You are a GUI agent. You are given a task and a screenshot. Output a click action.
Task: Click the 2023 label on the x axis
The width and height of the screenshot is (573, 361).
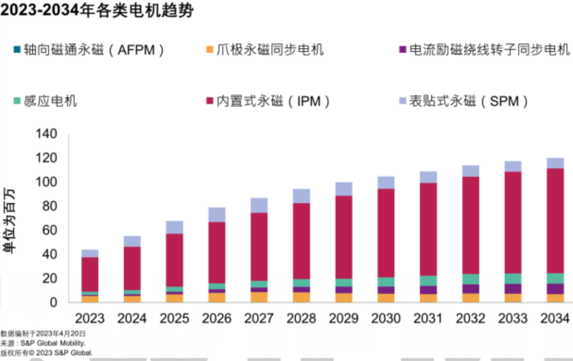pyautogui.click(x=90, y=318)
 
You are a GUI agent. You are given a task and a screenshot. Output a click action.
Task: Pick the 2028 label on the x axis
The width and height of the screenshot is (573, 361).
pyautogui.click(x=301, y=318)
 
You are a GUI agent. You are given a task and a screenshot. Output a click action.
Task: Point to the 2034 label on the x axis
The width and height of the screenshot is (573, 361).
pyautogui.click(x=555, y=318)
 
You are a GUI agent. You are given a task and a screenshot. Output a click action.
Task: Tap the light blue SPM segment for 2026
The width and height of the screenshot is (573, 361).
pyautogui.click(x=217, y=215)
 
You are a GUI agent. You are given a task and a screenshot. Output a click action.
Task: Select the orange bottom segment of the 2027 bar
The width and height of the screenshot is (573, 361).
pyautogui.click(x=259, y=297)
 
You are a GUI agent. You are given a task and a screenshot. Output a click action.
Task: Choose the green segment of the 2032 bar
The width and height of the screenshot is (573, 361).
pyautogui.click(x=470, y=279)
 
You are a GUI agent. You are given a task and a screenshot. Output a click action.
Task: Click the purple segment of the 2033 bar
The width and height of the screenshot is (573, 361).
pyautogui.click(x=512, y=289)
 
